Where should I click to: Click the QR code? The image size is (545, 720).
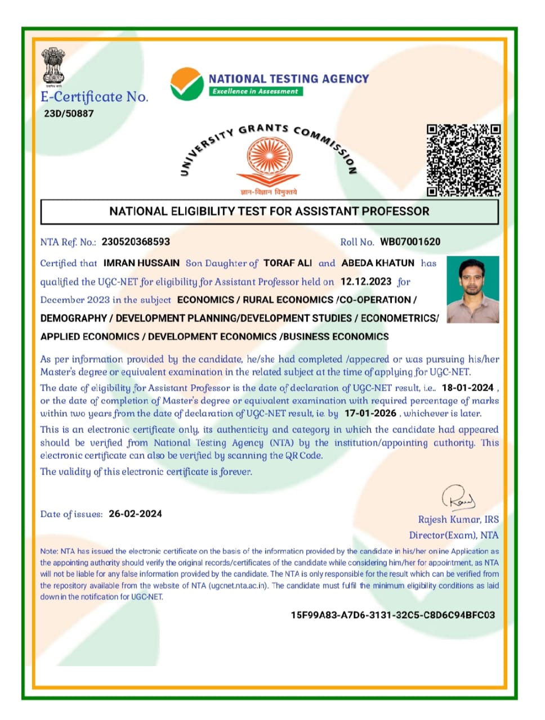[x=463, y=160]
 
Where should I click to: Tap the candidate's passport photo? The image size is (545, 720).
[x=473, y=289]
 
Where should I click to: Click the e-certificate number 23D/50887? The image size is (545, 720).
[x=69, y=114]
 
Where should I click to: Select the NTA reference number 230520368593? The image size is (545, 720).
[x=136, y=242]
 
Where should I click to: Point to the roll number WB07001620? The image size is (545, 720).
[x=410, y=242]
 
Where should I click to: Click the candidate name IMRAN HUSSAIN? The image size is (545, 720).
[x=141, y=263]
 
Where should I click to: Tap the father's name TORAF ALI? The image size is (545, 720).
[x=288, y=263]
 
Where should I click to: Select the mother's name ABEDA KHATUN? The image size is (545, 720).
[x=378, y=263]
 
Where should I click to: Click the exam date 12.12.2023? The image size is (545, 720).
[x=366, y=281]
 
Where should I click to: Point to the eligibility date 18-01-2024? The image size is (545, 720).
[x=467, y=388]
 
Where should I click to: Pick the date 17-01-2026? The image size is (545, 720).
[x=370, y=413]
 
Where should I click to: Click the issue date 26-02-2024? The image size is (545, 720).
[x=135, y=514]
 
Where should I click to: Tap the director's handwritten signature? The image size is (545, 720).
[x=458, y=498]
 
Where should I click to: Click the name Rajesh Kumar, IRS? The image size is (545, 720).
[x=458, y=519]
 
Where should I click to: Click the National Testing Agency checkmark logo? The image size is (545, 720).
[x=187, y=84]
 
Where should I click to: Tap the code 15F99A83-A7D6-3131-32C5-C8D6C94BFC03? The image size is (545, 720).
[x=392, y=615]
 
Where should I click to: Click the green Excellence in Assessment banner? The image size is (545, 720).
[x=256, y=91]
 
